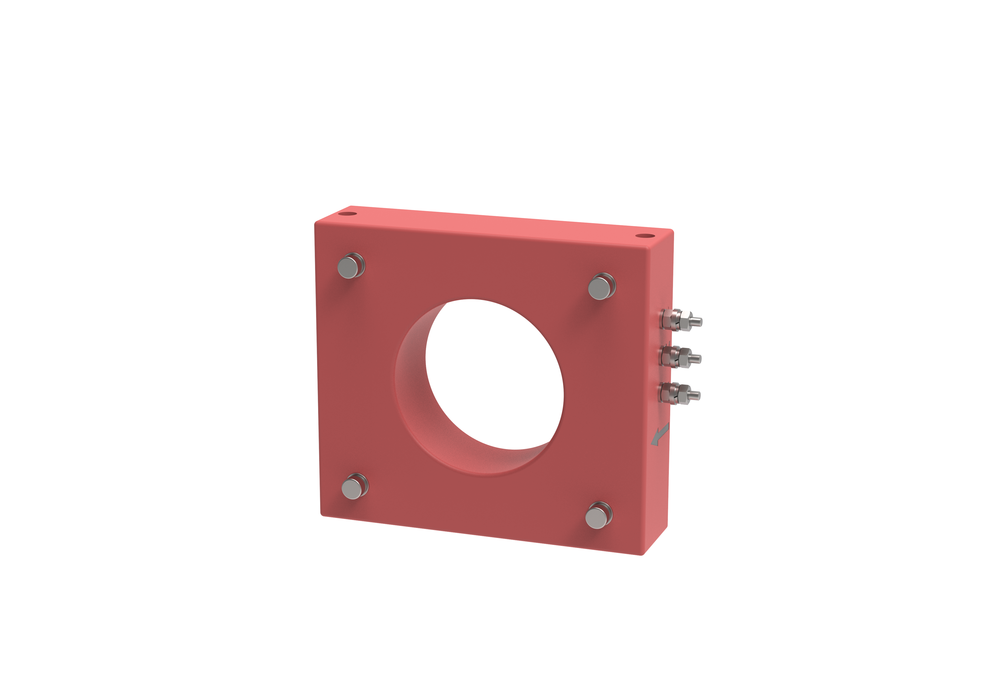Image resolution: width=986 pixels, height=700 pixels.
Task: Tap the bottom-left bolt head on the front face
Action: tap(352, 488)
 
